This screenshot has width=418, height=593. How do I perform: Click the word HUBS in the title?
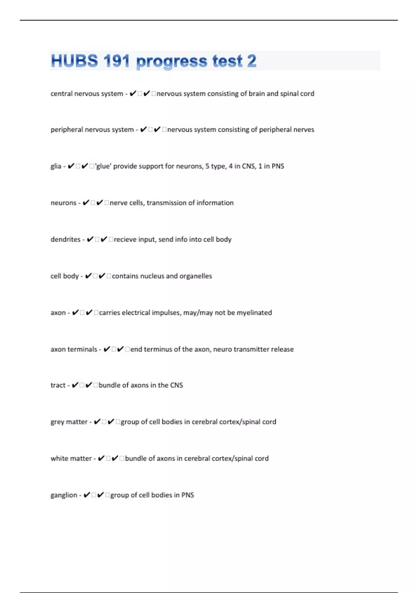pos(74,61)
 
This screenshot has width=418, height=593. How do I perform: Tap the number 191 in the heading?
pos(116,61)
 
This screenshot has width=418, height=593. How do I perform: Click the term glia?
pos(56,166)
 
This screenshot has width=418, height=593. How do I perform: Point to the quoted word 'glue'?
pos(103,166)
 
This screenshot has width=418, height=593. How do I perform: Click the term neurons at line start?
pos(63,203)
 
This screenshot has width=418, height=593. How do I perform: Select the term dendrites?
pos(65,239)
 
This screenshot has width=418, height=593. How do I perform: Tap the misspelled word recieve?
pos(125,239)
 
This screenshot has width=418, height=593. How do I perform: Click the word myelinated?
pos(254,313)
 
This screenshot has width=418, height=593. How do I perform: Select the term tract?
pos(58,385)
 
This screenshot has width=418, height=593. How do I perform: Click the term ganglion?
pos(64,495)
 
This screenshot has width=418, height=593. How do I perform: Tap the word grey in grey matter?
pos(57,422)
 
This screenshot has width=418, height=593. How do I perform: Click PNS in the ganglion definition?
pos(187,495)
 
